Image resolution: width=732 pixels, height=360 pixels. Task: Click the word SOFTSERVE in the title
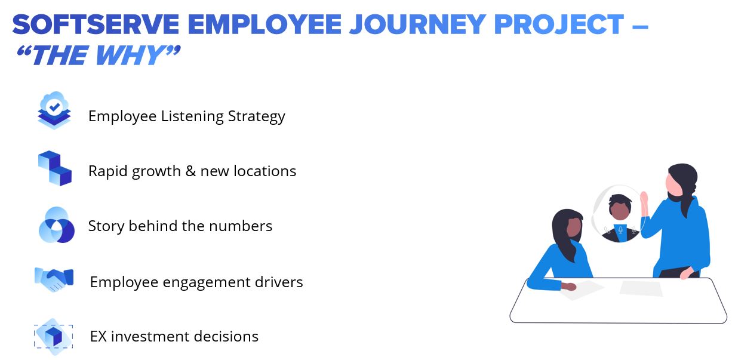click(96, 24)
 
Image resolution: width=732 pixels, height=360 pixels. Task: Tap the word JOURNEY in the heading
click(418, 24)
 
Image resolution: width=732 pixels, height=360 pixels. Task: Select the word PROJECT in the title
click(559, 24)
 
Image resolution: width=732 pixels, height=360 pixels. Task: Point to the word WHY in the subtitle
click(131, 55)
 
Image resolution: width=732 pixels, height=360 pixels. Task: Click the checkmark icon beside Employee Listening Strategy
click(54, 110)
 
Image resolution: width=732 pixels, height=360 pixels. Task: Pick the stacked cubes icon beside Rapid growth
click(54, 168)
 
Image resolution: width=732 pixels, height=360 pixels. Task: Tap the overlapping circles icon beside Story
click(57, 225)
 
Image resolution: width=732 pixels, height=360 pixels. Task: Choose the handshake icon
click(54, 279)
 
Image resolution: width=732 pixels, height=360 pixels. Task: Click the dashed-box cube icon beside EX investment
click(54, 337)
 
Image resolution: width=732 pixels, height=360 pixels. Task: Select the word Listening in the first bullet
click(192, 116)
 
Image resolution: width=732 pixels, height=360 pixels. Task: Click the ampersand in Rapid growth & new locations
click(190, 171)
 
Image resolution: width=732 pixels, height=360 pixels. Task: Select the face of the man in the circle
click(620, 211)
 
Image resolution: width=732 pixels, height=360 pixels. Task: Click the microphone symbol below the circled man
click(620, 230)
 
